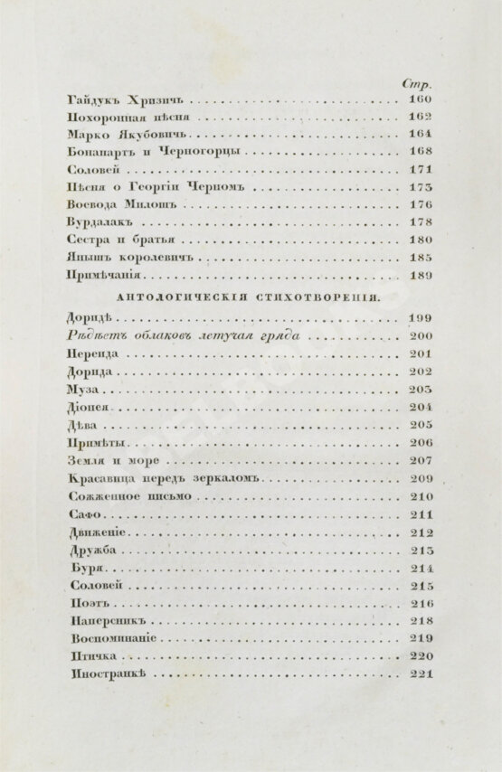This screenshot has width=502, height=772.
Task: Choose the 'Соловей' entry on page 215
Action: point(94,585)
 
